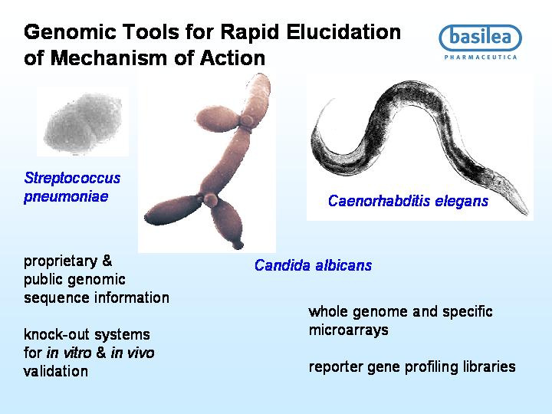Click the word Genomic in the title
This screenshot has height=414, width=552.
(70, 32)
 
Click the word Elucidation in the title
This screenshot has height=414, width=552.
(343, 32)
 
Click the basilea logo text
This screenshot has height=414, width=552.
(480, 38)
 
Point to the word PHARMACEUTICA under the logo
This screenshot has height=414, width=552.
(481, 57)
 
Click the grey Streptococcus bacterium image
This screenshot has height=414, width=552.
(83, 123)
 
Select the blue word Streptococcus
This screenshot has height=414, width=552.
(72, 178)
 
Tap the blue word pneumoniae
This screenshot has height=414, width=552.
(66, 196)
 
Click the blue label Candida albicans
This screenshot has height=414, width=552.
(313, 265)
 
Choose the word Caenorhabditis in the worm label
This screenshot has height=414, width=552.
(379, 201)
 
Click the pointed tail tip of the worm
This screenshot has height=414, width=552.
(527, 213)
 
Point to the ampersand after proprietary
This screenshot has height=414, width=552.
(107, 261)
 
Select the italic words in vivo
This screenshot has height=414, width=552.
(133, 353)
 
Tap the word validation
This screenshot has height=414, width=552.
(56, 371)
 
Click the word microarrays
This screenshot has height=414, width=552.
(349, 330)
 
